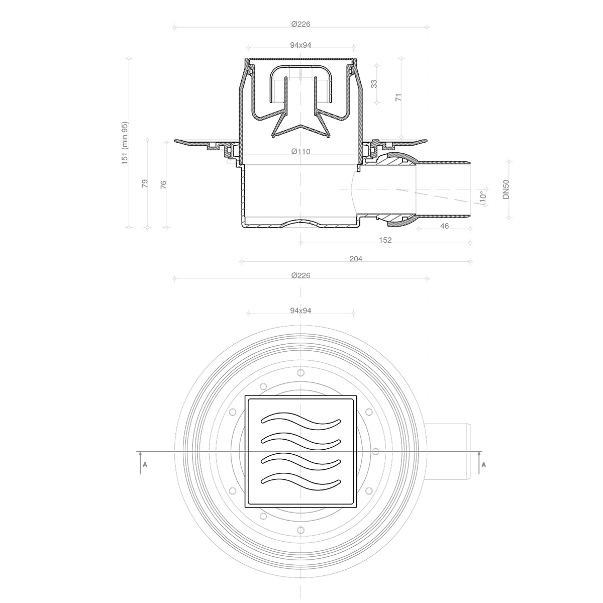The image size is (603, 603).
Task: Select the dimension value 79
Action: coord(145,183)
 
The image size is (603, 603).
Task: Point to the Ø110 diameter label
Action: coord(300,152)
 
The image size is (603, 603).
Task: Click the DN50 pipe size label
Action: coord(507,189)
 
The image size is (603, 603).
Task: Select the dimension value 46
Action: coord(444,226)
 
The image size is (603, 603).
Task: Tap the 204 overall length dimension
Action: coord(356,259)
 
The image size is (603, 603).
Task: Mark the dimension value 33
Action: coord(374,83)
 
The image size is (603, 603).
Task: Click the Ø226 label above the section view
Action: coord(300,24)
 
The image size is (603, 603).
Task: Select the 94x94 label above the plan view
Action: coord(300,311)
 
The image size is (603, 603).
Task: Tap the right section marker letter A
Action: coord(483,465)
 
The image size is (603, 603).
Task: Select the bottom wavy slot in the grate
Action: coord(300,480)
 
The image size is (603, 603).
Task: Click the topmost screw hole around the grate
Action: coord(300,373)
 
